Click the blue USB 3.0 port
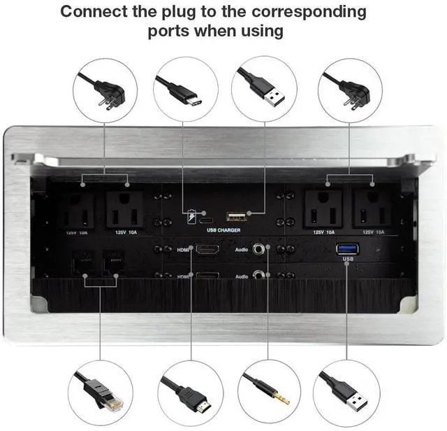346,248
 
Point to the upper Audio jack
262,248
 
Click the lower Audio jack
262,275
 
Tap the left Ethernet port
82,262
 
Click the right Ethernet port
112,262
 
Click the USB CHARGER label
223,229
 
